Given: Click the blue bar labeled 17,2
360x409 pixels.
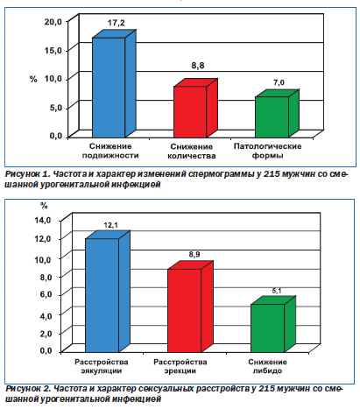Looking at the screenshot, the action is tap(114, 84).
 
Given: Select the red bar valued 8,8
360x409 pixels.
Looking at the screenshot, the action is tap(195, 109).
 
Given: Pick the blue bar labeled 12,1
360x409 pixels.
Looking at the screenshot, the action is tap(107, 292).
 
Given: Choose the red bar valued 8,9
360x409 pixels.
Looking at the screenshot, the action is tap(190, 307).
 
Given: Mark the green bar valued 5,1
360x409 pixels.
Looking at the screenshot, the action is tap(273, 324).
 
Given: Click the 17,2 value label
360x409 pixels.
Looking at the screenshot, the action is tap(116, 23).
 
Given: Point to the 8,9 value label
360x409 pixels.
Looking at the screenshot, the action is tap(194, 255).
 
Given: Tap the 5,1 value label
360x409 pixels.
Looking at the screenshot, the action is tap(277, 291).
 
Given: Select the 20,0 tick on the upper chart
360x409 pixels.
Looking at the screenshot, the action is tap(53, 22).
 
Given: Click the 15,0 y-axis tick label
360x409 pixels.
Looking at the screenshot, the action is tap(53, 51).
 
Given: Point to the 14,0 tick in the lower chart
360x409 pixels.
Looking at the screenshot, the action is tap(43, 220).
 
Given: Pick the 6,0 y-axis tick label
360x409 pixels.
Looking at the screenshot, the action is tap(46, 294).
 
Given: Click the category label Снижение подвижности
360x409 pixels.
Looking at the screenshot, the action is tap(110, 151).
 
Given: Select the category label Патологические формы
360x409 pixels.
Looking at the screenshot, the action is tap(267, 151).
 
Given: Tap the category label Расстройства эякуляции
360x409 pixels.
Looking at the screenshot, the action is tap(102, 366).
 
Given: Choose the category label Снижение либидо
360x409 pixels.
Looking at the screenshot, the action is tap(267, 366).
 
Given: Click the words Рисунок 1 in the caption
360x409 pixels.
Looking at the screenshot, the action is tap(27, 174).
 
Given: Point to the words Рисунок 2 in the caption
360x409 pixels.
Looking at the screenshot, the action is tap(28, 389).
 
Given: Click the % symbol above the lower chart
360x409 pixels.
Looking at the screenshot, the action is tap(44, 206).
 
